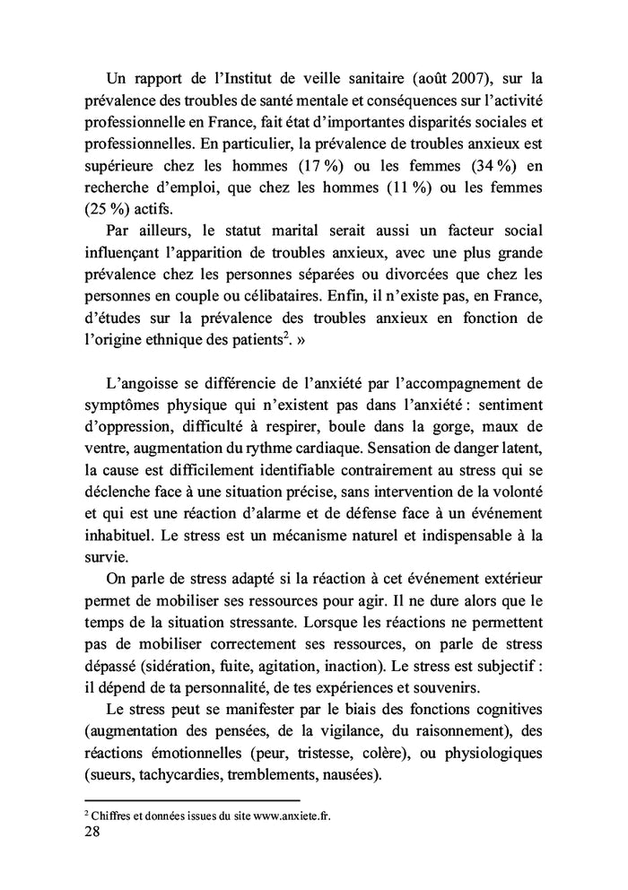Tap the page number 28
[x=92, y=832]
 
